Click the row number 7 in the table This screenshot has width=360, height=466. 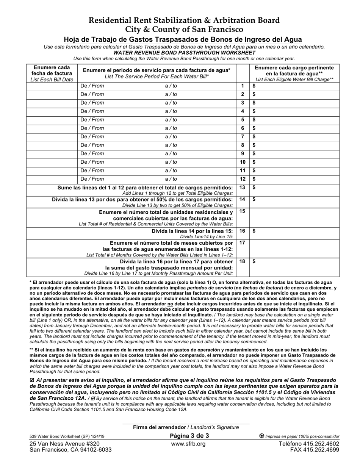pos(243,137)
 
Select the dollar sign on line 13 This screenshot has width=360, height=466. pos(254,188)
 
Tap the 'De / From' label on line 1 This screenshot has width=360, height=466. pos(92,86)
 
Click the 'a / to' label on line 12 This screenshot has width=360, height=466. pos(171,179)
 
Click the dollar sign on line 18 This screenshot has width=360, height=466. pos(254,261)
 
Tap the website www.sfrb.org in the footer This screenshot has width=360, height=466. pos(188,444)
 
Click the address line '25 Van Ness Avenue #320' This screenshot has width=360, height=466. pos(64,444)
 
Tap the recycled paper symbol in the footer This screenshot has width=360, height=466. pos(261,436)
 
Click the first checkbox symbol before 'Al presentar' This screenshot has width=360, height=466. pos(31,380)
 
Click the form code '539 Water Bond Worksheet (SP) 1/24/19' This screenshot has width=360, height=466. pos(67,436)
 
